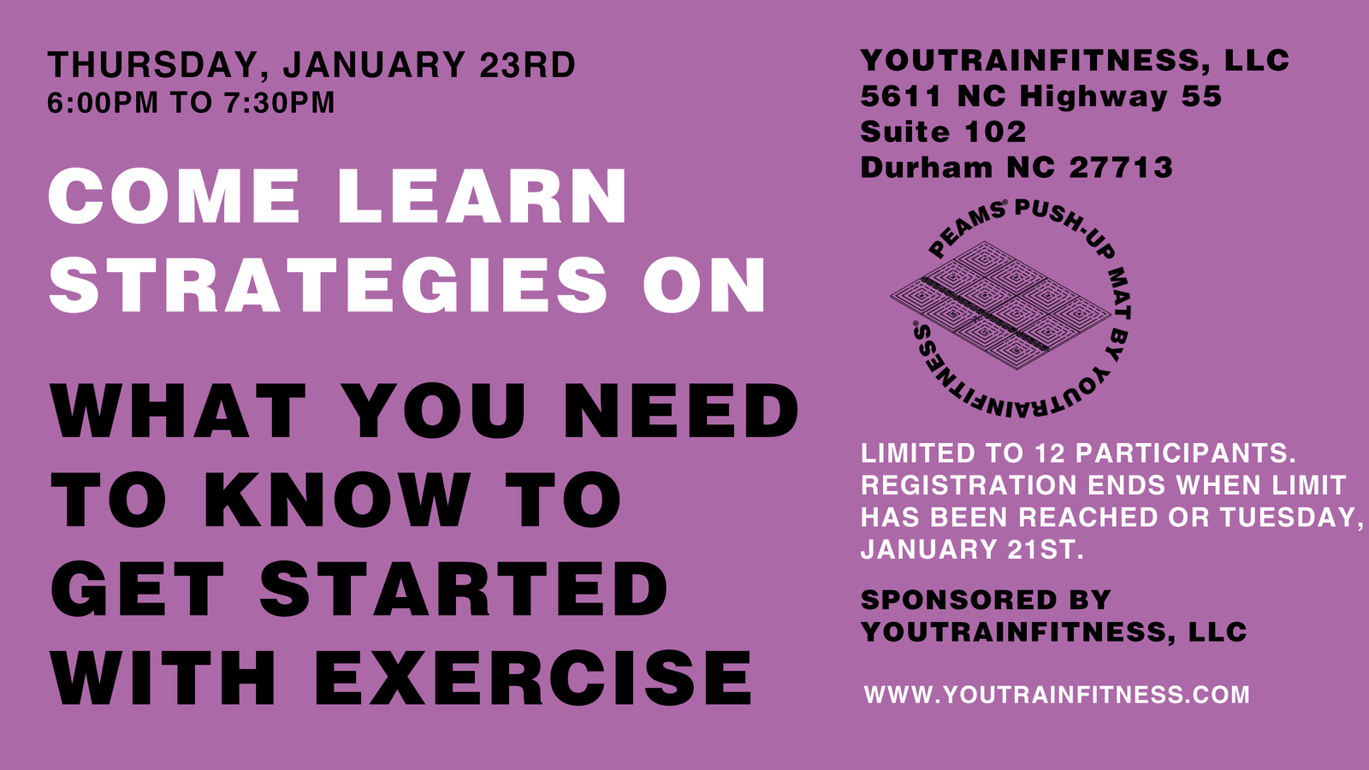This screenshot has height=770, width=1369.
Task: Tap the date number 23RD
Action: [527, 64]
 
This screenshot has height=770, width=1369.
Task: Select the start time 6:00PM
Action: [103, 102]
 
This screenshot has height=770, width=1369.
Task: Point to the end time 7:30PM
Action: [279, 102]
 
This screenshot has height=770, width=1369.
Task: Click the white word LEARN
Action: [483, 196]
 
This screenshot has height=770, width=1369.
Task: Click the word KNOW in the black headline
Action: [337, 500]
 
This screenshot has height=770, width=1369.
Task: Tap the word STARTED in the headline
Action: [464, 589]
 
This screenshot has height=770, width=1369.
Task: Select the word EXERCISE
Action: [533, 678]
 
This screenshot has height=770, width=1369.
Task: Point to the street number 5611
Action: [901, 97]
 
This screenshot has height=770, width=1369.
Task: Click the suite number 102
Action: [995, 132]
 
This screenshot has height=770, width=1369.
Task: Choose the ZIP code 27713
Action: [1121, 168]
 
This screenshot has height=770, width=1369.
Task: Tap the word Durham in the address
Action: [927, 168]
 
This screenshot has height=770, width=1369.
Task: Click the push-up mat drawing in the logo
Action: [1000, 305]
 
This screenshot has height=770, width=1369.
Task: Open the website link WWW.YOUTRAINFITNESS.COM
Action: [1057, 695]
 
